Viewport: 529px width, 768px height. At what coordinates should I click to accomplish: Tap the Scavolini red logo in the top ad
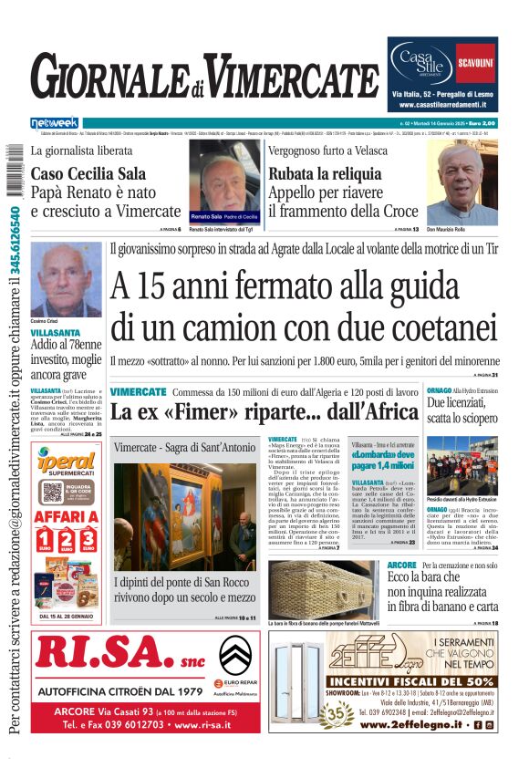(476, 63)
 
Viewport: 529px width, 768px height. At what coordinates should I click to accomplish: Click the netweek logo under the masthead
(55, 121)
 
